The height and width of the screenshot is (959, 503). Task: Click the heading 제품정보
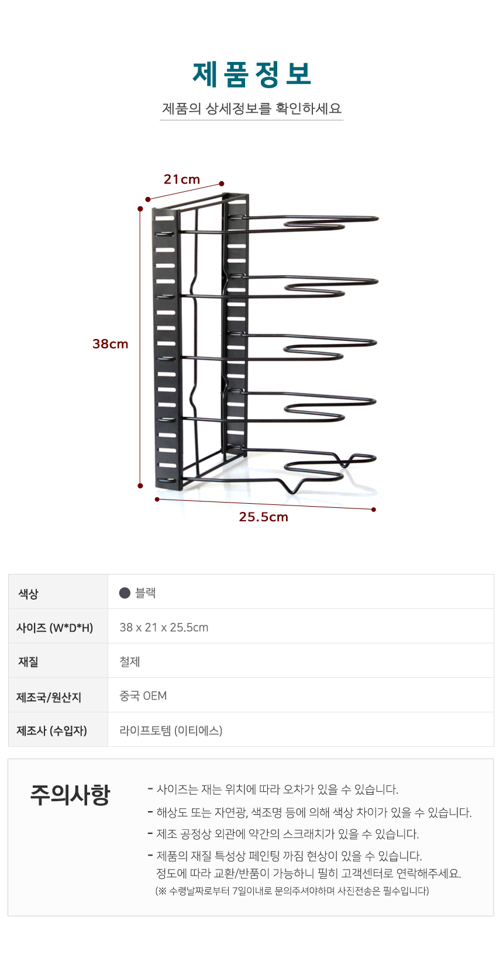251,74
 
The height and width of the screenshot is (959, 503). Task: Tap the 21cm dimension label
182,179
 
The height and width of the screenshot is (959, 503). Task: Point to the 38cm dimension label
110,344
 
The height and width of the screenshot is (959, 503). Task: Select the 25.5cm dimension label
264,517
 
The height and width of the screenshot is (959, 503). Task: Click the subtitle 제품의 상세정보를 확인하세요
251,108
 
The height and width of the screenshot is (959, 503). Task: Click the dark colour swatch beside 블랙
125,593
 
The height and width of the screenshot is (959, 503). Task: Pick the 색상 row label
28,593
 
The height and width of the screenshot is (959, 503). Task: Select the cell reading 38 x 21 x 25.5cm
164,627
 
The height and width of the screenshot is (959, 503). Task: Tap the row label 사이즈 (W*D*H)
54,628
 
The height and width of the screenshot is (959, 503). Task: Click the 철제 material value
129,662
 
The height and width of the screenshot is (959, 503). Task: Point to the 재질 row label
28,662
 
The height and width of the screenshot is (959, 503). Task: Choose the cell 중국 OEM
143,695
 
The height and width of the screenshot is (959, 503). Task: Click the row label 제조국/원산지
49,697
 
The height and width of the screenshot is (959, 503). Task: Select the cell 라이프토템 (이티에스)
171,730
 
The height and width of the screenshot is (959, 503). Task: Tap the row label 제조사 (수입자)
51,730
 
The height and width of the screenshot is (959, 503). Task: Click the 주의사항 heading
70,795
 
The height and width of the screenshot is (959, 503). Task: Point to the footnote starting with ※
292,891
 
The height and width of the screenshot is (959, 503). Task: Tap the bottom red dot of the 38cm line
140,486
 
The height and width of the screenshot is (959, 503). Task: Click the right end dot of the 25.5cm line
374,510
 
